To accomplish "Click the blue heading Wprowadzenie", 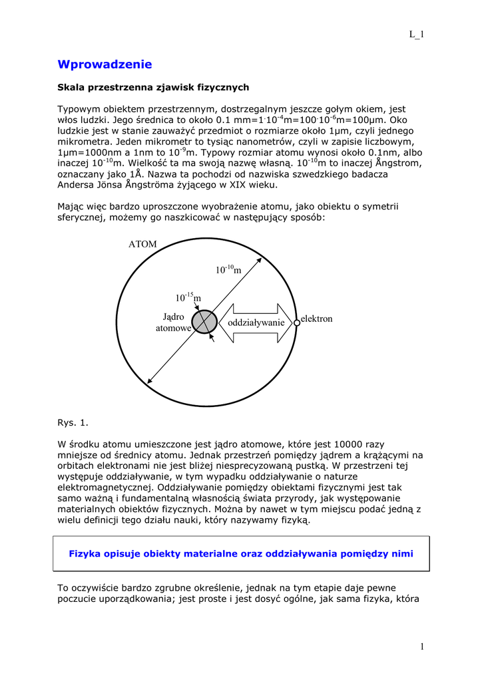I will click(x=105, y=65).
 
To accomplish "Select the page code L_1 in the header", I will click(x=416, y=35).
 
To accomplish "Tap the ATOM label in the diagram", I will click(x=142, y=244).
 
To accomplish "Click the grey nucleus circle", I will click(x=204, y=321).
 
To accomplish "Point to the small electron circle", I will click(x=297, y=323).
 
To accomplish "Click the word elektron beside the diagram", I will click(x=316, y=319).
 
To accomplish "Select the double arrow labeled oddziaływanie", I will click(x=256, y=323).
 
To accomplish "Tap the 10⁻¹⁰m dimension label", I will click(x=227, y=269).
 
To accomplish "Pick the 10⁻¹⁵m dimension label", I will click(x=188, y=297).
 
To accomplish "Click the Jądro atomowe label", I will click(x=173, y=323).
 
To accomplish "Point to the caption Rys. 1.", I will click(x=73, y=422).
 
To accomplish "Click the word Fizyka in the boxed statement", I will click(x=85, y=553).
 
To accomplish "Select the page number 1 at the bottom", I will click(x=422, y=646).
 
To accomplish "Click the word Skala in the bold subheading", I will click(x=71, y=87).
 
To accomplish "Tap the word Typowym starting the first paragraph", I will click(x=78, y=109).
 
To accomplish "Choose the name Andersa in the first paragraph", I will click(x=78, y=184).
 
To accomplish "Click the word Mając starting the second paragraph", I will click(x=72, y=207).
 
